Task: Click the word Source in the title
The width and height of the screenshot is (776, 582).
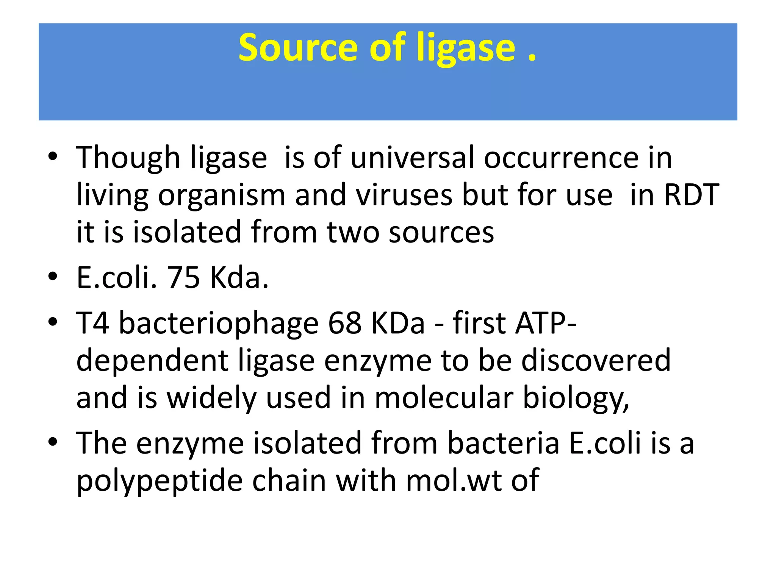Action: click(298, 47)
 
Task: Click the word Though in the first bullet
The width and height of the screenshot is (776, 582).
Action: click(128, 158)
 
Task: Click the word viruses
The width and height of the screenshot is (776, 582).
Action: click(404, 195)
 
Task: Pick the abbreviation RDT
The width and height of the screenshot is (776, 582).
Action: click(692, 195)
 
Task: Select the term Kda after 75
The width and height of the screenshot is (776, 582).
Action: click(239, 277)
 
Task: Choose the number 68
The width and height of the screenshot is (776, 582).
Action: click(345, 323)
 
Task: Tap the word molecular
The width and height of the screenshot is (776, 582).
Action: click(444, 397)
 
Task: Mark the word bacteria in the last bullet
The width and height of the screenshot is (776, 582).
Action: click(504, 443)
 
